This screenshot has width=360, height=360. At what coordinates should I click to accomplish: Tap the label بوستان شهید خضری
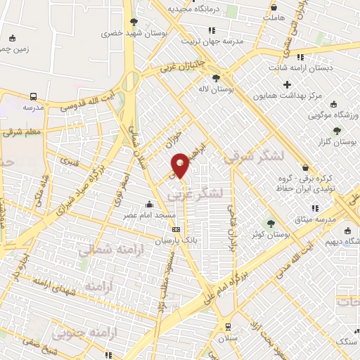point(124,33)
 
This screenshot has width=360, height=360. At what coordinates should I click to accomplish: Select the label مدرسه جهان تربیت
point(212,41)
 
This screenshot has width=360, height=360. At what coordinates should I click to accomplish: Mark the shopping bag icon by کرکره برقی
point(305,167)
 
